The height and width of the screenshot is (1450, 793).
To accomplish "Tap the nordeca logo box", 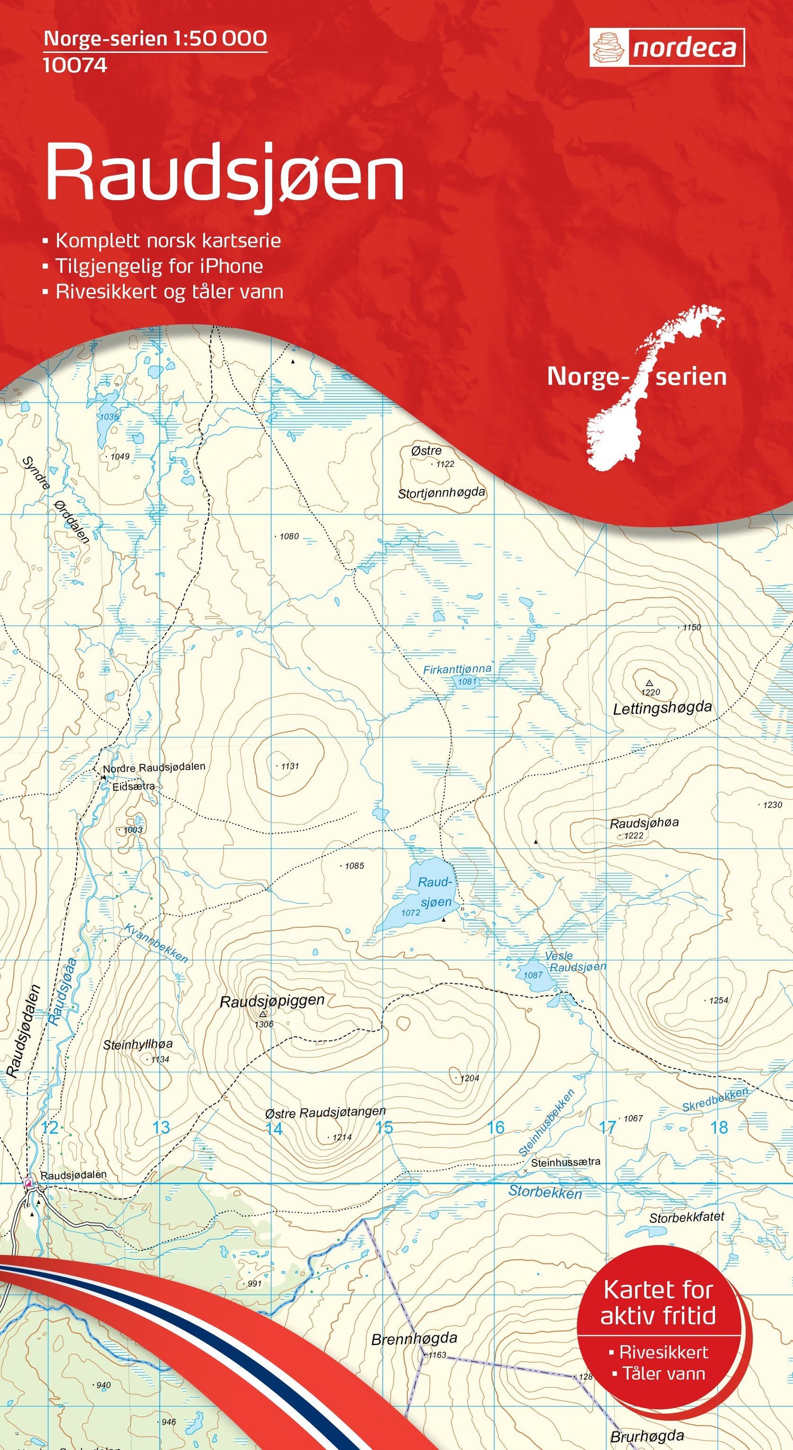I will coord(667,49).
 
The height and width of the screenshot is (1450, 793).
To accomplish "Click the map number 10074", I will coord(75,66).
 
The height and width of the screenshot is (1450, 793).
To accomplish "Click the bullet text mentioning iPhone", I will coord(159,266).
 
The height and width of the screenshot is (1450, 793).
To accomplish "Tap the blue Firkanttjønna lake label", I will coord(457,669).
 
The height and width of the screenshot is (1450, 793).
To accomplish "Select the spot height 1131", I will coord(290,766).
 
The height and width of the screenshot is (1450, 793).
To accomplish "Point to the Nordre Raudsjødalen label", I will coord(154,767).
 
